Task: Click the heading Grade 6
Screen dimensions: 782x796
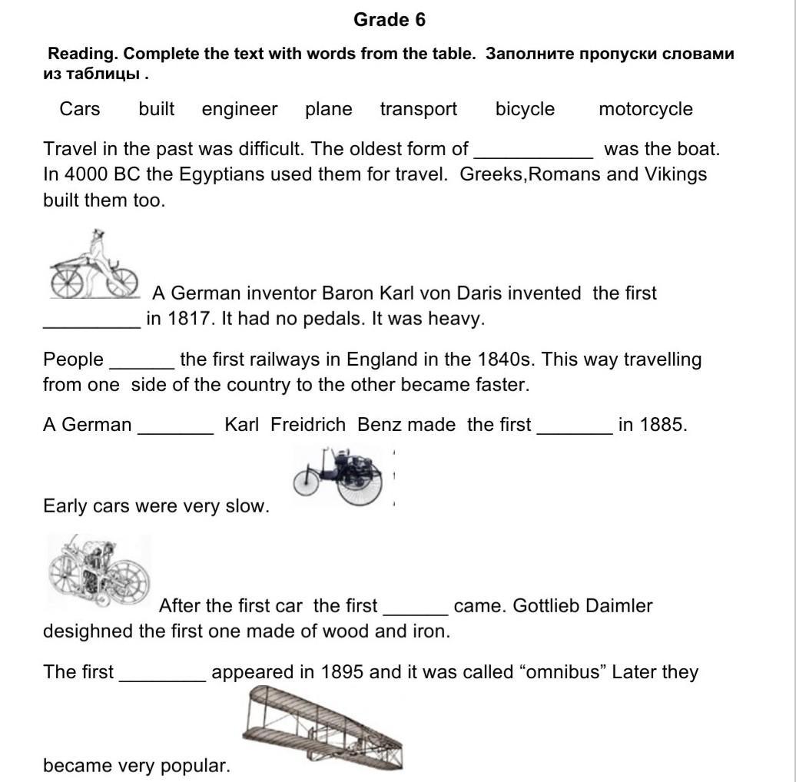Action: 389,20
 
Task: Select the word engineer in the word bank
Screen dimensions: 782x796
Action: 240,109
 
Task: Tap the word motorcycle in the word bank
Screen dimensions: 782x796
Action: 645,109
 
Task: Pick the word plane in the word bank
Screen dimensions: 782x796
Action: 328,109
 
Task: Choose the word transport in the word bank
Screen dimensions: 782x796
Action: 418,109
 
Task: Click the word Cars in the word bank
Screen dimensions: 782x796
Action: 80,109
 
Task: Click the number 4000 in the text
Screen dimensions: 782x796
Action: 86,174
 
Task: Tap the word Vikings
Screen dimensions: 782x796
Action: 675,174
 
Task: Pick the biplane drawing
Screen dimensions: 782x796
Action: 323,727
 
